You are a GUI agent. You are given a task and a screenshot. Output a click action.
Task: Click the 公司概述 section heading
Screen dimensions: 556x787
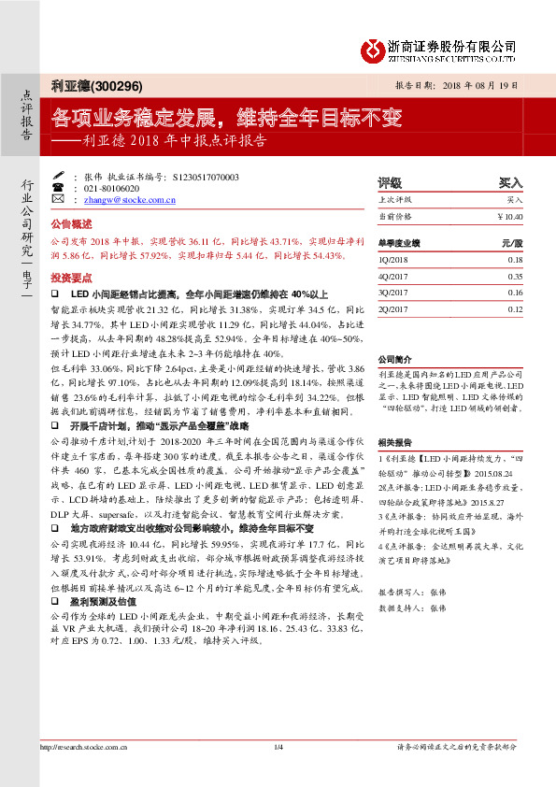[71, 224]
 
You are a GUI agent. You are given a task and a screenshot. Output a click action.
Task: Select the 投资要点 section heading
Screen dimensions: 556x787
[71, 279]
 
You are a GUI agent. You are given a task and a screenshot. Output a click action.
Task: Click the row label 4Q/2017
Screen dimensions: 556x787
[392, 277]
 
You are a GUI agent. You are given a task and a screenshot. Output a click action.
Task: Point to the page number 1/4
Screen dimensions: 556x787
[278, 773]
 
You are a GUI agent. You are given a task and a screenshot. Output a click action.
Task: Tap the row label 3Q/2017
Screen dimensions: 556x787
[392, 293]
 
